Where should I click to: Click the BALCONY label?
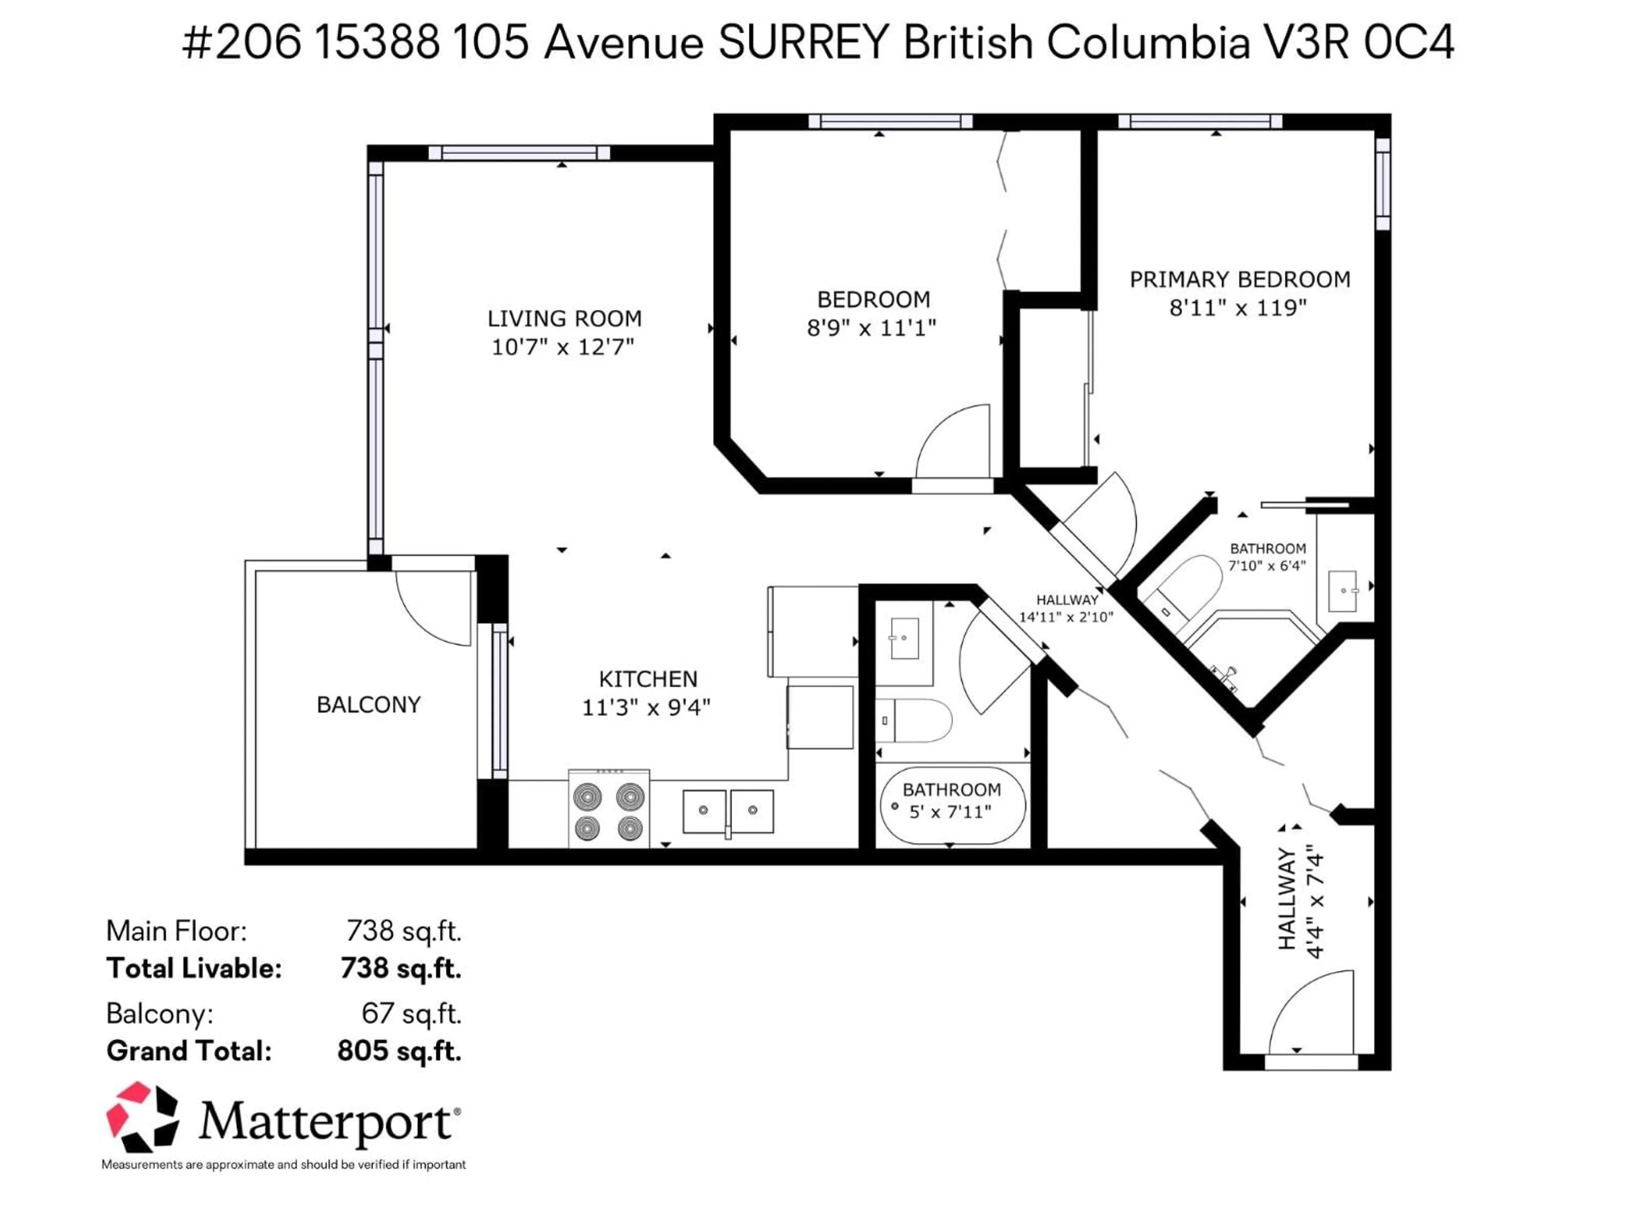coord(369,705)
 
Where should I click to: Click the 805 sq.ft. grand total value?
coord(399,1051)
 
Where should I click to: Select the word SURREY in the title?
coord(803,43)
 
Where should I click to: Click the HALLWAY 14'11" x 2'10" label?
coord(1067,608)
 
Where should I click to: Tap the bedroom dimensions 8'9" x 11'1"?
coord(872,328)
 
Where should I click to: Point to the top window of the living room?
coord(520,153)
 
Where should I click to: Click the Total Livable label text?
coord(194,968)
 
